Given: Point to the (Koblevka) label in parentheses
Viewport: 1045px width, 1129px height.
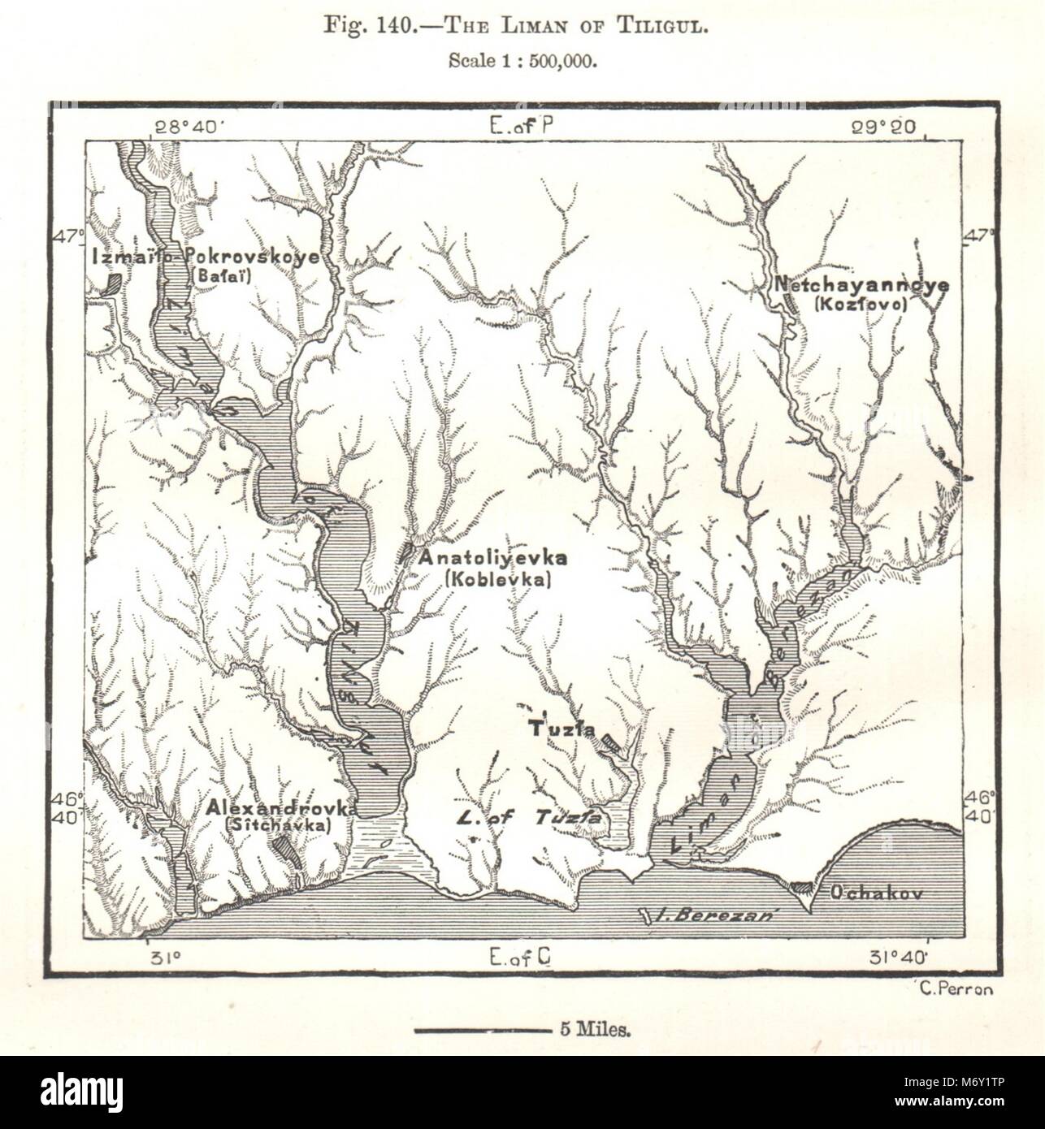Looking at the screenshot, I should pos(498,578).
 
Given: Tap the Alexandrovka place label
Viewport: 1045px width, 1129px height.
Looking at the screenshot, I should pos(278,808).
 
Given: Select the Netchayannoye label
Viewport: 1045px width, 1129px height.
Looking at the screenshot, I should pos(861,285).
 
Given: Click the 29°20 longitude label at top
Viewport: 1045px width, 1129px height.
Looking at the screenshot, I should pos(884,127).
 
